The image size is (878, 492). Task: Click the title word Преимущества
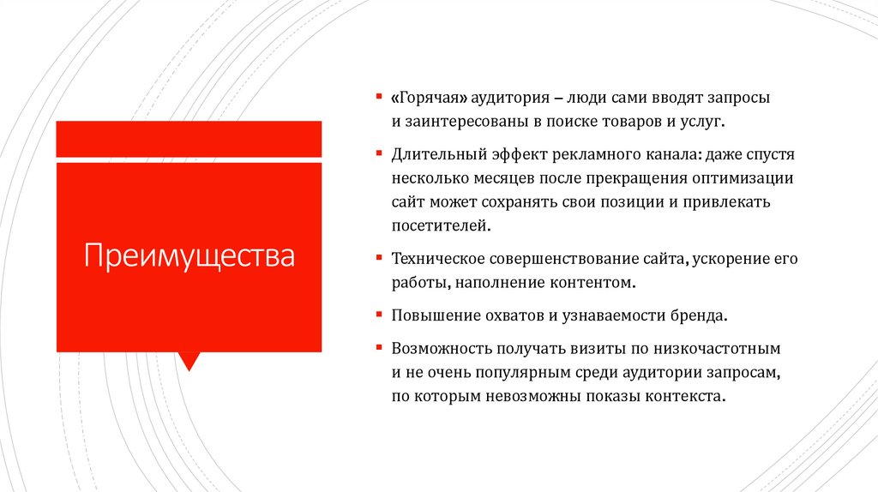point(189,255)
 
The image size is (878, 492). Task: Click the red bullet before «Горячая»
point(379,95)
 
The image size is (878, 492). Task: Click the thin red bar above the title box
point(189,139)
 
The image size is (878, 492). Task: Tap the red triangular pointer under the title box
point(189,360)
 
